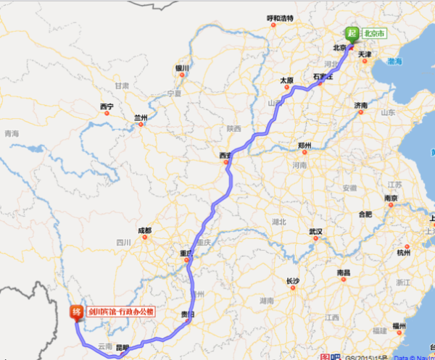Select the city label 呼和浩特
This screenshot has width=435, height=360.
click(x=281, y=17)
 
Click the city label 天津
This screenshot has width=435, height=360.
click(x=365, y=54)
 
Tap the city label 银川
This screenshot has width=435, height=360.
click(x=181, y=69)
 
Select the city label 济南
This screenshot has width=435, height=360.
click(x=362, y=106)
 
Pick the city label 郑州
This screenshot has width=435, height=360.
click(x=304, y=146)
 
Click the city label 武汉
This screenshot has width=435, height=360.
click(x=315, y=232)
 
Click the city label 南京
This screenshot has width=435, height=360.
click(x=391, y=198)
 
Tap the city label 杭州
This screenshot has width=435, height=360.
click(x=403, y=252)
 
